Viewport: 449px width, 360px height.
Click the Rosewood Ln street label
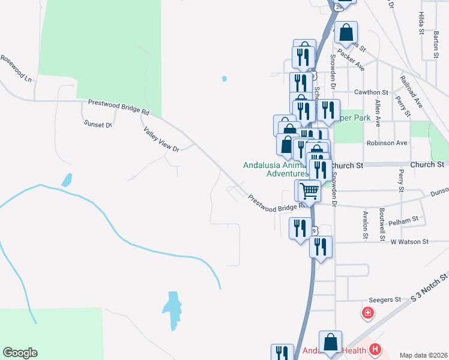pos(16,68)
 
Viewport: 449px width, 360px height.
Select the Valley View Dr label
pos(161,139)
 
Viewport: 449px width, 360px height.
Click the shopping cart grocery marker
pos(309,191)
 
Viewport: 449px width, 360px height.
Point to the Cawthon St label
pos(372,92)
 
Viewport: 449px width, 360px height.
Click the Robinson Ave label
pos(387,143)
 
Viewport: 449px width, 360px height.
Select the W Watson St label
pos(410,242)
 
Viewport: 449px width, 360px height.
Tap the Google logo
pos(20,353)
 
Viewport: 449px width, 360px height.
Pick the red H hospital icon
pos(376,349)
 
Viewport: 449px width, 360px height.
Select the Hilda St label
pos(421,22)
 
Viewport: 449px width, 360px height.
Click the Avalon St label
pos(365,224)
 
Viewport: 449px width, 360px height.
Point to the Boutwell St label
pos(382,221)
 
